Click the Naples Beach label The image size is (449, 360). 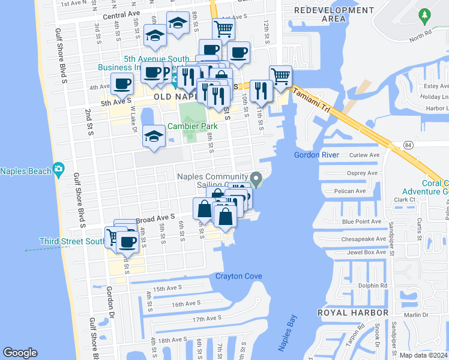(25, 171)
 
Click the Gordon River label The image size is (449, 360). (317, 155)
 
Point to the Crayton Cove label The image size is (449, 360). (239, 276)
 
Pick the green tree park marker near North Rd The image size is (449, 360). (424, 14)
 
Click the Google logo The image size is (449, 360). (20, 353)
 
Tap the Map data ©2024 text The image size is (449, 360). (424, 355)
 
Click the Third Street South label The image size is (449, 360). (72, 241)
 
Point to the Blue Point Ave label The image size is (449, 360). (361, 221)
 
